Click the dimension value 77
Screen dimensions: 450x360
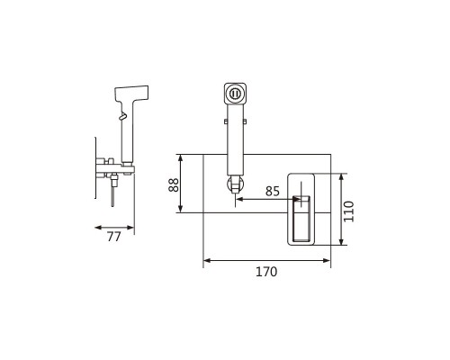[113, 237]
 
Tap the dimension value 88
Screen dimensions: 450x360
[174, 184]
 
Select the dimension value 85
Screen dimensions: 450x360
[273, 191]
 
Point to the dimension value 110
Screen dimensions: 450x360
[348, 211]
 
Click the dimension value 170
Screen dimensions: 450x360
[266, 272]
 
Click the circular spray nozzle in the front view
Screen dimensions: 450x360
[235, 94]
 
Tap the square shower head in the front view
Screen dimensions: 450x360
[235, 94]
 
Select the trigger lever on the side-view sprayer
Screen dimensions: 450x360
[123, 116]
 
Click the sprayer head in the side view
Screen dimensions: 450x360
[131, 94]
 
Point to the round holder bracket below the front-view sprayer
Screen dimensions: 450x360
[235, 184]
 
